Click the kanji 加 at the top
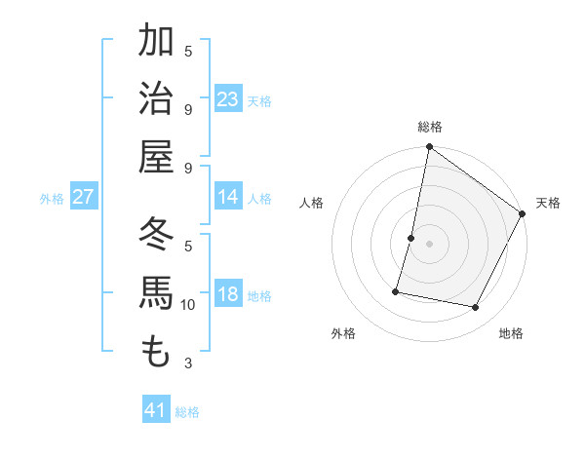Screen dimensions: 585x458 click(156, 41)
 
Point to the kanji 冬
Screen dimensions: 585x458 click(156, 234)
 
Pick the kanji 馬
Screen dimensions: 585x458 click(156, 293)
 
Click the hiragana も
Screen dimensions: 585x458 click(156, 351)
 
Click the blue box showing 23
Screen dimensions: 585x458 click(228, 99)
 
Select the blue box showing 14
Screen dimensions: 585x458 click(228, 197)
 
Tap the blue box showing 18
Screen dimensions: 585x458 click(228, 294)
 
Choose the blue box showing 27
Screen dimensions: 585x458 click(84, 197)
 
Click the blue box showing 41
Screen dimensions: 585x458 click(156, 410)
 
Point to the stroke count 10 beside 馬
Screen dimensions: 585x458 click(188, 305)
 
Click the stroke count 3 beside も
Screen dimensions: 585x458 click(188, 363)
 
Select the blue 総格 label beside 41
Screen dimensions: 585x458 click(187, 412)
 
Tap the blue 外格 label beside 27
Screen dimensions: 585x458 click(52, 199)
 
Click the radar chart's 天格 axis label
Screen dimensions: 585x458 click(548, 203)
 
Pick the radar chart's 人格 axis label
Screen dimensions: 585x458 click(311, 203)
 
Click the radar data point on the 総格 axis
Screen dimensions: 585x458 click(429, 148)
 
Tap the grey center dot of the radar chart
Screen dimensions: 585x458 click(429, 243)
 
